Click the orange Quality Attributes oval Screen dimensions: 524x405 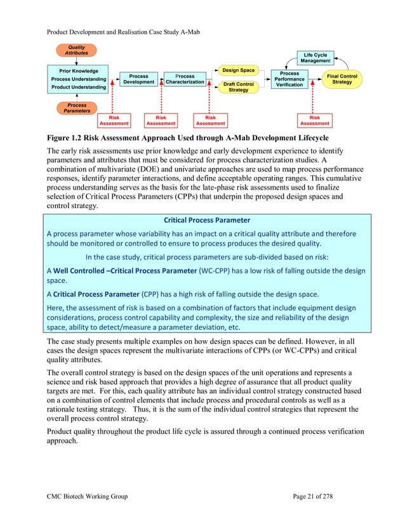click(77, 50)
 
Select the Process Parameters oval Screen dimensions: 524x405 click(77, 107)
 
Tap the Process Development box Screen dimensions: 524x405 click(138, 79)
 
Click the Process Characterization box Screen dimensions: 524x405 click(185, 79)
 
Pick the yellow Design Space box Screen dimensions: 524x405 click(238, 70)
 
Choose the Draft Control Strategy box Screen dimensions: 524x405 click(238, 87)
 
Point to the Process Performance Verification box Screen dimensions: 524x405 click(289, 79)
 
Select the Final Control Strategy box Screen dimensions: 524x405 click(342, 79)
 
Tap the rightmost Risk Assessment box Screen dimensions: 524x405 click(314, 120)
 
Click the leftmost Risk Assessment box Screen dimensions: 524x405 click(114, 120)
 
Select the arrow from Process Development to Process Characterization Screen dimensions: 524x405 click(159, 79)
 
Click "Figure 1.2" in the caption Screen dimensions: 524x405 click(65, 137)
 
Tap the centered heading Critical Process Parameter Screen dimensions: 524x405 click(207, 220)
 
